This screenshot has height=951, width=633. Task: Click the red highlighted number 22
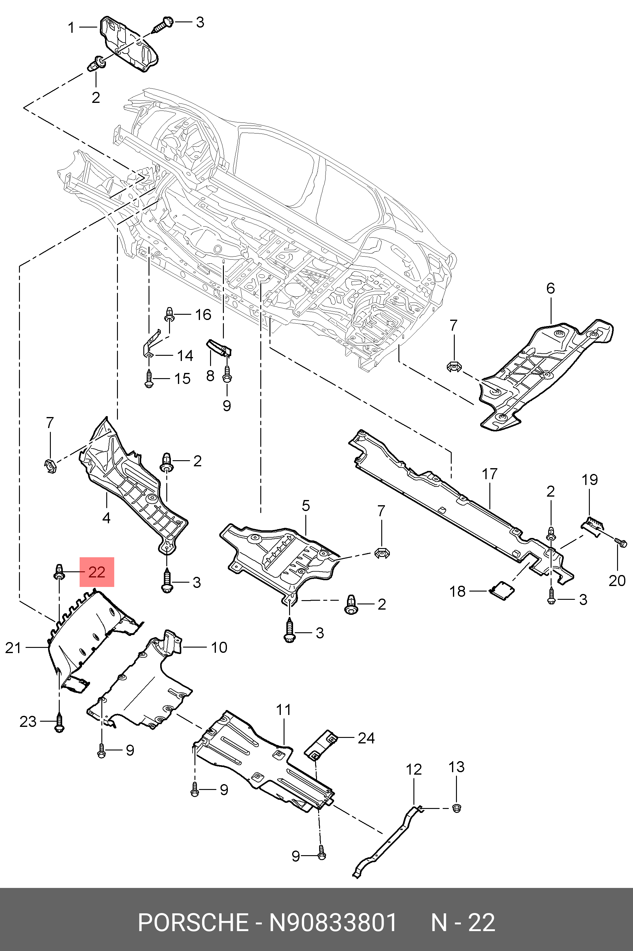coord(97,572)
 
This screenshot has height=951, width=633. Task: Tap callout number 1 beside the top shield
coord(71,28)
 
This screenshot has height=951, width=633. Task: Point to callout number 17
coord(489,474)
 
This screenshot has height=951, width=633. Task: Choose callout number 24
coord(366,738)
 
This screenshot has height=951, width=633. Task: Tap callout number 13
coord(457,767)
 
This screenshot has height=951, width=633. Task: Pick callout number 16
coord(203,314)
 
